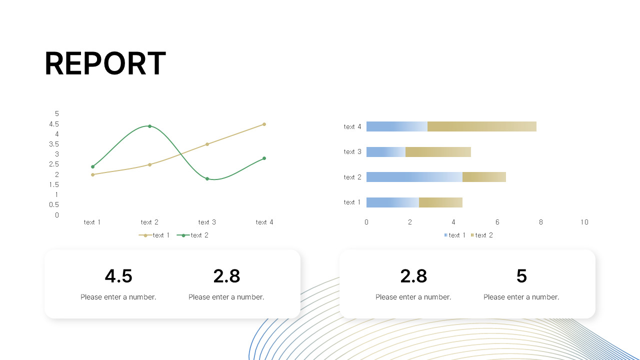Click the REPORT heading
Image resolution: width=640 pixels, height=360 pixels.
(105, 64)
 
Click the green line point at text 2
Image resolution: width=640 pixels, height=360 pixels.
(149, 126)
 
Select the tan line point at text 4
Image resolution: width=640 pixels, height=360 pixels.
(264, 124)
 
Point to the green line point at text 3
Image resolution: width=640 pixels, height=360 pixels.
(207, 178)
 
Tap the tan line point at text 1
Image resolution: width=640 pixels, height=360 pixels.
(92, 174)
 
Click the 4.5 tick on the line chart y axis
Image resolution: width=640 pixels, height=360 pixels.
(54, 124)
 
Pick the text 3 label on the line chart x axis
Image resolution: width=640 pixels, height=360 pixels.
(207, 222)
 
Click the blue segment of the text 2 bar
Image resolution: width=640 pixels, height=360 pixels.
(414, 177)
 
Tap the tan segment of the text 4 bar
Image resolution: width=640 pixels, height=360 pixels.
(481, 126)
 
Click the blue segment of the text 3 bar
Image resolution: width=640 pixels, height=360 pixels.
(385, 152)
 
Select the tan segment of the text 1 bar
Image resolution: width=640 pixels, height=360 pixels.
(440, 202)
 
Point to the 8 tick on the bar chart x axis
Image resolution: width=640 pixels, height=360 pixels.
(540, 222)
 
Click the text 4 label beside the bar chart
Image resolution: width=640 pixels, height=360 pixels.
(352, 126)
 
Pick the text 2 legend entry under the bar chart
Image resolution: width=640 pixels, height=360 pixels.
(482, 235)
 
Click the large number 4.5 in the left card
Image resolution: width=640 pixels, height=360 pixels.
(118, 276)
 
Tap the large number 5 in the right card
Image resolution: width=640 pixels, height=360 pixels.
(521, 276)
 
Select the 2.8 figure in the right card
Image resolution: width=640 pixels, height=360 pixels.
(413, 276)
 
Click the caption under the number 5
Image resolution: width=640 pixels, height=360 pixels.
(521, 297)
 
